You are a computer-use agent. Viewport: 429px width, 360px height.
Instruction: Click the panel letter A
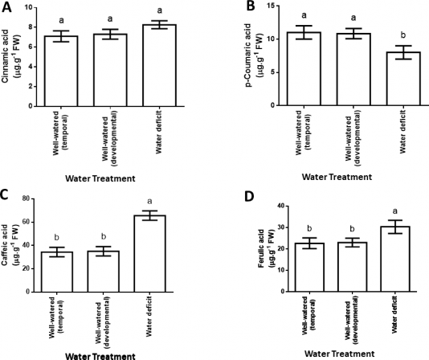point(7,8)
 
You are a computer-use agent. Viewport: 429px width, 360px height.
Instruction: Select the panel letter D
point(235,194)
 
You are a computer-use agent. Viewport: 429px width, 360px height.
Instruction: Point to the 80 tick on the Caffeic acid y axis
point(35,198)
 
